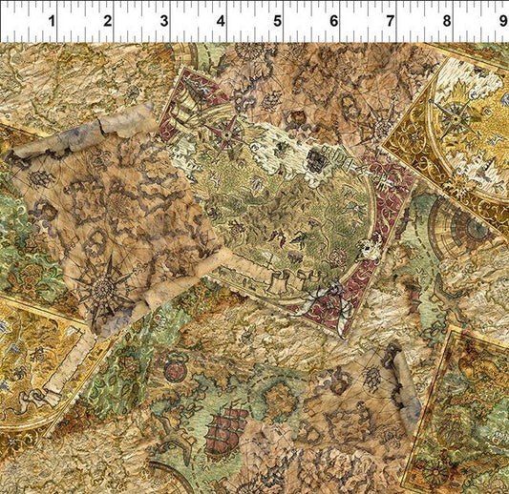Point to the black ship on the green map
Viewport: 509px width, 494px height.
tap(314, 162)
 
